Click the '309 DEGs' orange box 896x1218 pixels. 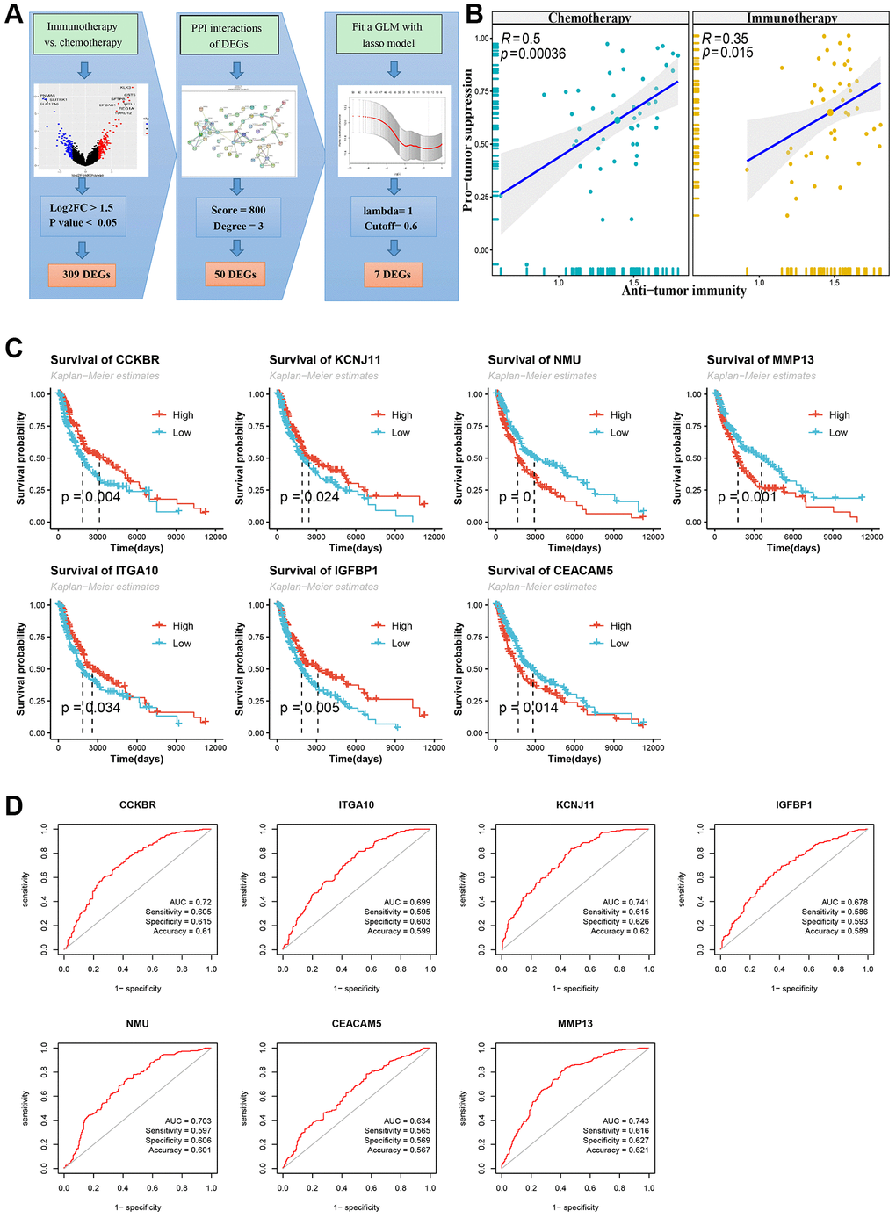click(86, 275)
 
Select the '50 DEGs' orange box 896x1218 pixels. click(235, 275)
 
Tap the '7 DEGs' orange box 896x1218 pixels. click(393, 275)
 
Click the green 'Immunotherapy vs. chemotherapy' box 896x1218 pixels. click(84, 34)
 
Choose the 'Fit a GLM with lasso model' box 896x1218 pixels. click(387, 34)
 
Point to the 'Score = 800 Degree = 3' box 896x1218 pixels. click(239, 218)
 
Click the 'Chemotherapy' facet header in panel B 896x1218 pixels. click(589, 18)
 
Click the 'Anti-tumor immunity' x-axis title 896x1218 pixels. click(684, 291)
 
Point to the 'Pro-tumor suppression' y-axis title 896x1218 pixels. click(468, 141)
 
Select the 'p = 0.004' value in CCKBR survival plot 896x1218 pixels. click(91, 497)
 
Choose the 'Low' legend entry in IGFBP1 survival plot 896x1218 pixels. click(401, 644)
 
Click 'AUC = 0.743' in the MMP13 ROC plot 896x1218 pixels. click(626, 1121)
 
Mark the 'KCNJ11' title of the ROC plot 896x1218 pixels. click(575, 804)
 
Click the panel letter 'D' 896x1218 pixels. click(14, 805)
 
